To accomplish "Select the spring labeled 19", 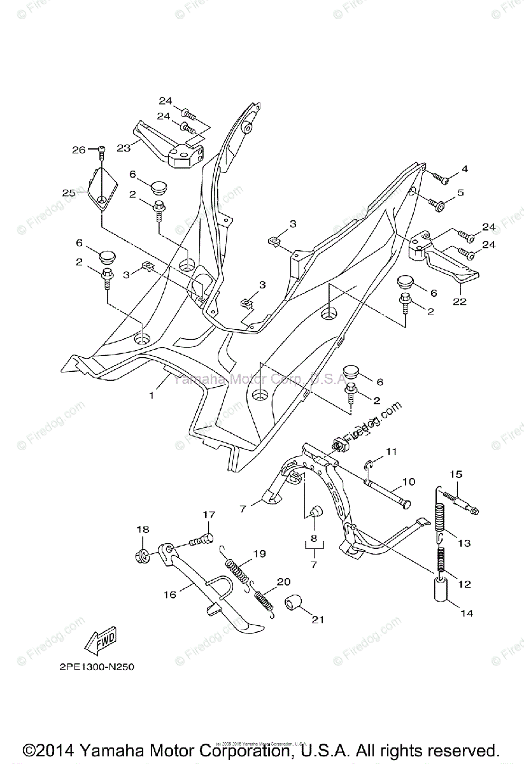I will pos(238,565).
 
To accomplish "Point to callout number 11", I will pos(390,451).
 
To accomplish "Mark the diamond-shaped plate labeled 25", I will pos(103,189).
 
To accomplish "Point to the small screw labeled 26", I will pos(101,152).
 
